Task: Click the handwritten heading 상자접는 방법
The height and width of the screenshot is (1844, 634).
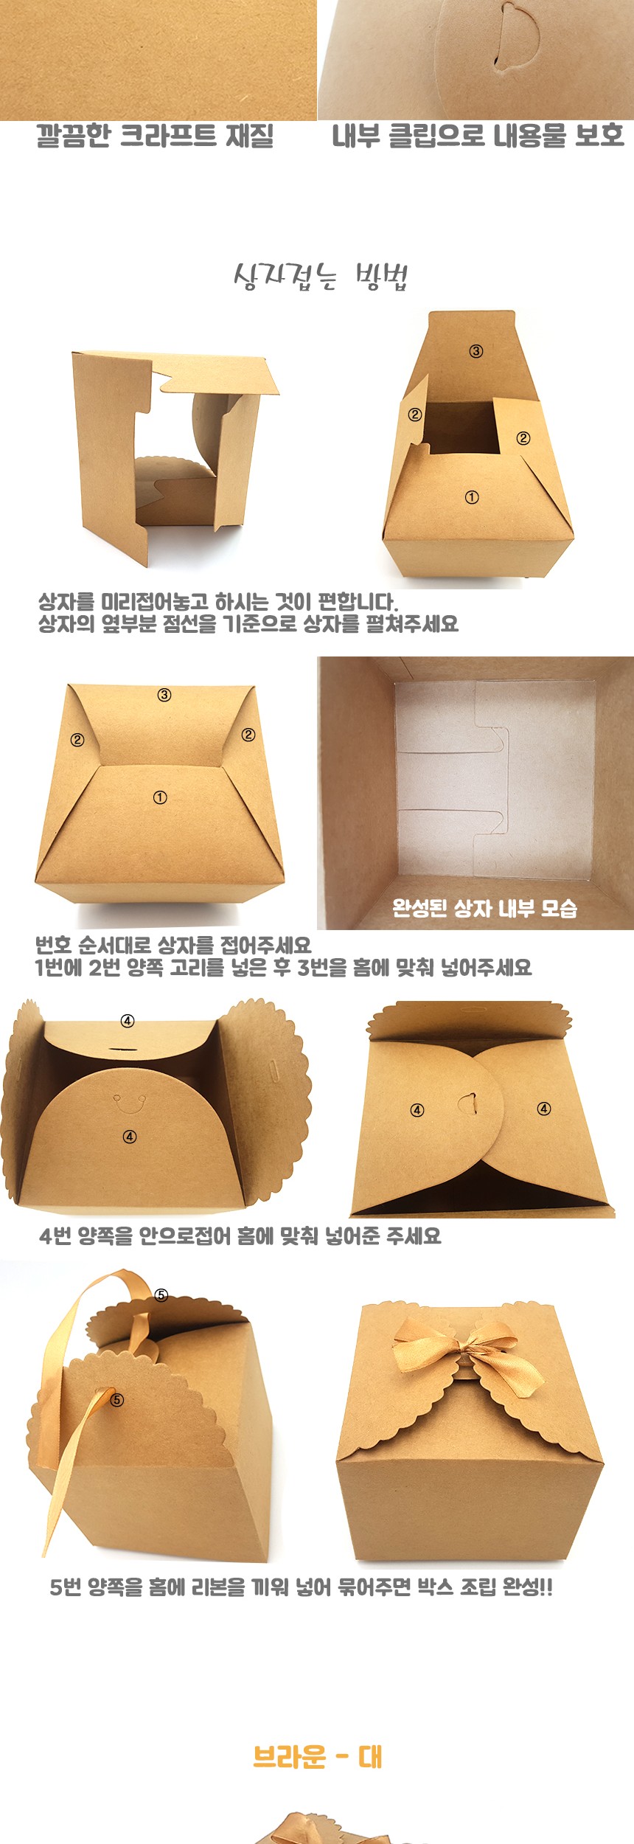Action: pos(321,277)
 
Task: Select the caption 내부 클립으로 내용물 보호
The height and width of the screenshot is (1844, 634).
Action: pos(478,136)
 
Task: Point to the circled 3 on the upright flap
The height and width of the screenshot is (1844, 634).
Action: pos(476,351)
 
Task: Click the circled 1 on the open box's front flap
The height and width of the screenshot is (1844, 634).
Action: pos(472,497)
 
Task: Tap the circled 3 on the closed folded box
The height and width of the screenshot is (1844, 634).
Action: pos(164,695)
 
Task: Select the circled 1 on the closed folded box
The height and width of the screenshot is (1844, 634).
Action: pos(160,797)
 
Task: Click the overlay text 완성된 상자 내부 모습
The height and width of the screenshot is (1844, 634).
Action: pos(484,908)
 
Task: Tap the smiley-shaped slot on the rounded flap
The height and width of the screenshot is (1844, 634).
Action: pos(129,1103)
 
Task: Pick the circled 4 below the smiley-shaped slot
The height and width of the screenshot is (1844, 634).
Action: pos(130,1137)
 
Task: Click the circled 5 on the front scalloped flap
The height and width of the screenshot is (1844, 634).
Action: pos(117,1399)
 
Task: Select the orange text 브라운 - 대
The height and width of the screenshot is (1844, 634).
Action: pos(318,1758)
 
